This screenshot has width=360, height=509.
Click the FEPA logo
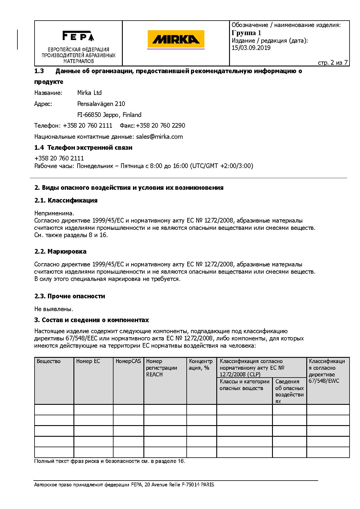78,36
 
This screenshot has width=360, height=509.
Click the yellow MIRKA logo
176,39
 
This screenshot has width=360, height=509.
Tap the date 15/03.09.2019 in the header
251,48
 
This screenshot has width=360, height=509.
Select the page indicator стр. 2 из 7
332,63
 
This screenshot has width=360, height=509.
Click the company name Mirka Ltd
89,93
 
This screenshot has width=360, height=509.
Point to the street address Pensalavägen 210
101,104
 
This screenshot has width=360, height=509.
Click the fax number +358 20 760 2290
161,126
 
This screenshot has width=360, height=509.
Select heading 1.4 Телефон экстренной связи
83,148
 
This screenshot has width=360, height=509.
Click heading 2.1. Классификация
66,201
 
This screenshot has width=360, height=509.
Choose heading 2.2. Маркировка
60,252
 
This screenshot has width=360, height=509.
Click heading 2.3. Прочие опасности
70,296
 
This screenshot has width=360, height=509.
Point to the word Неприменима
54,214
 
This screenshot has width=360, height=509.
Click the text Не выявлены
54,309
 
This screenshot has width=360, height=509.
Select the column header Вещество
49,361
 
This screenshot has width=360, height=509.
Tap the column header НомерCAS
128,361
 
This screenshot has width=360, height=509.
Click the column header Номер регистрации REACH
161,368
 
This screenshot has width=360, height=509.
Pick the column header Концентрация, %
201,364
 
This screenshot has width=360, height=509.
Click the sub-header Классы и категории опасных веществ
244,385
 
